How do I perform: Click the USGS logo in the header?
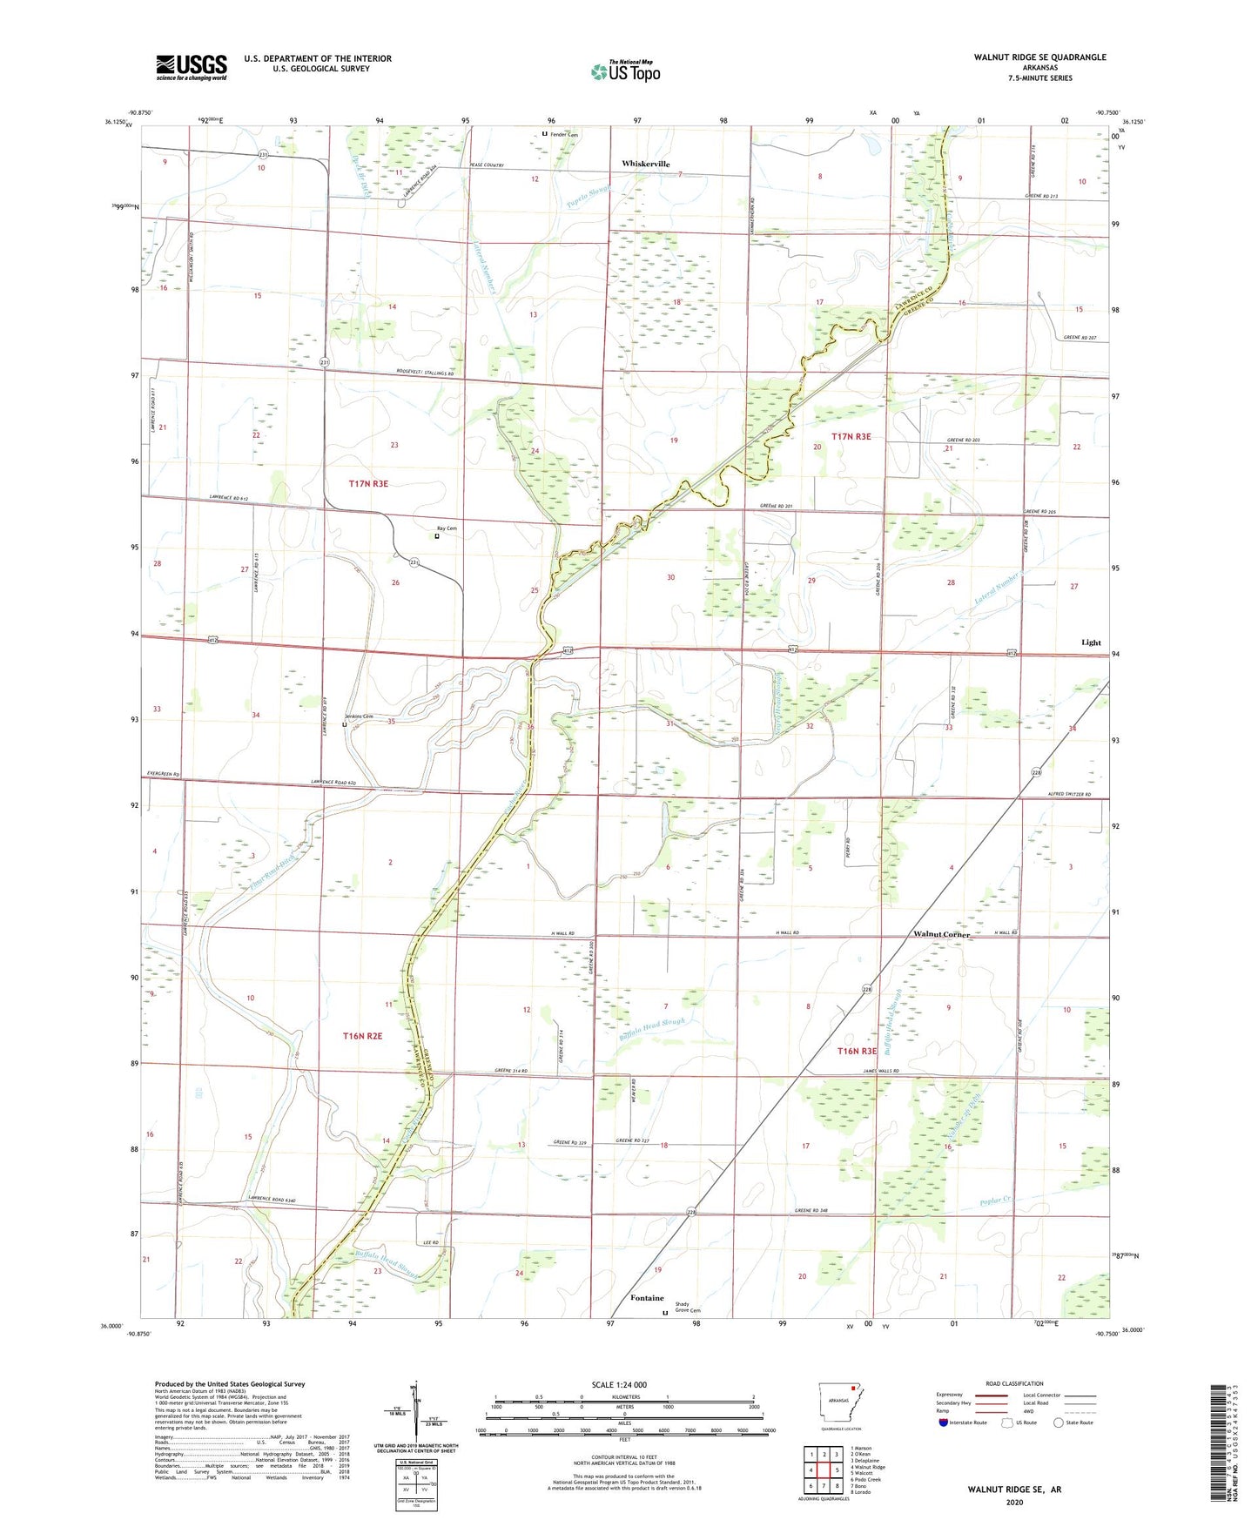(192, 67)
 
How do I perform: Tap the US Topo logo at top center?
(625, 71)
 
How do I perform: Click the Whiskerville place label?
(646, 164)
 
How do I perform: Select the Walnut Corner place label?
(941, 934)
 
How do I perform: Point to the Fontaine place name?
(647, 1298)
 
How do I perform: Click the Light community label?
(1091, 642)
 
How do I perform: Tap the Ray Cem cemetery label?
(447, 528)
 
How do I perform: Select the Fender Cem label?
(563, 134)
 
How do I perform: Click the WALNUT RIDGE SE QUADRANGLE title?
(1039, 57)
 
